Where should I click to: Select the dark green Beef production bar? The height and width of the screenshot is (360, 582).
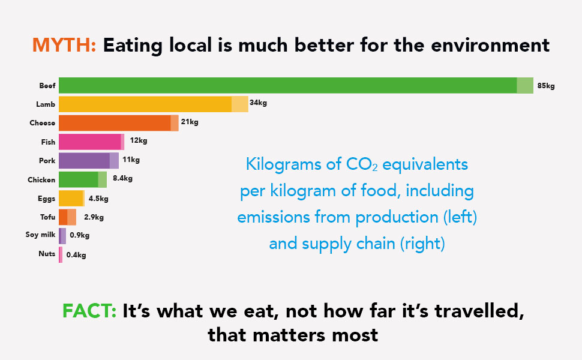(287, 85)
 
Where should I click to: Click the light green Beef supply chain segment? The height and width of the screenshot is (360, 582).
(525, 85)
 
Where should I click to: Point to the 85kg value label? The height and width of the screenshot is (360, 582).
(546, 86)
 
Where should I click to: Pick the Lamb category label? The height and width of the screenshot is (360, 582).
(46, 104)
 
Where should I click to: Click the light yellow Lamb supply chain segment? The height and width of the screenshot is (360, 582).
(240, 104)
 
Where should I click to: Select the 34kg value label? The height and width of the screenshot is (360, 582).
(258, 103)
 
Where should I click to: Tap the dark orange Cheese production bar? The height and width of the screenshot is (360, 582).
(115, 123)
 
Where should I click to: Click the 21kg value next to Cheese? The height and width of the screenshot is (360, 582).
(190, 122)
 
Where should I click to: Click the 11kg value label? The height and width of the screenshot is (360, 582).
(131, 160)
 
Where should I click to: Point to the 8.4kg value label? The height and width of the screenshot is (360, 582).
(122, 178)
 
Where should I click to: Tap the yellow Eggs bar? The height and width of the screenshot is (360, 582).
(71, 198)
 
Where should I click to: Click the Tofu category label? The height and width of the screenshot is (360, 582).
(47, 217)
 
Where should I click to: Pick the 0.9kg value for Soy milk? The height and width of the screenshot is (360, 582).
(79, 235)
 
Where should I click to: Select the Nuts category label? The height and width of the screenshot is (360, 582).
(47, 254)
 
